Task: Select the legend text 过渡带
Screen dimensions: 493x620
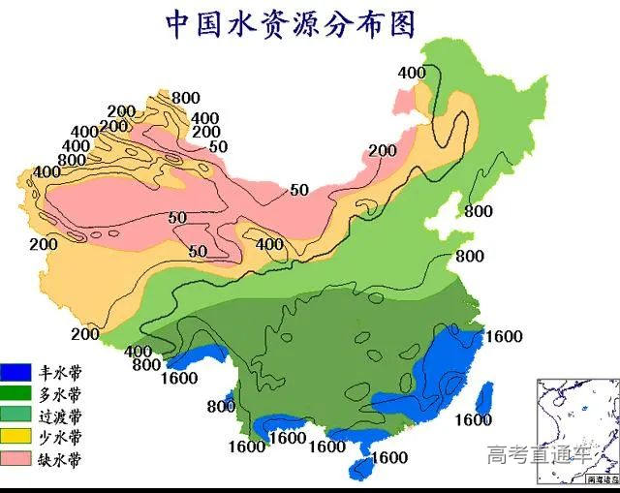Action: [60, 416]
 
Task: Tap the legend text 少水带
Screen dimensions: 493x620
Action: [60, 437]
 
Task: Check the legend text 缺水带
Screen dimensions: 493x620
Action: [60, 458]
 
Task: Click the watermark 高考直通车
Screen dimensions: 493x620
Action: [539, 452]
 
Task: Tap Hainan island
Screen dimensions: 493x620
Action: [362, 469]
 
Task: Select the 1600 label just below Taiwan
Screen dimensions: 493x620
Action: [474, 420]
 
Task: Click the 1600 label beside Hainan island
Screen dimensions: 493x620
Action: [389, 457]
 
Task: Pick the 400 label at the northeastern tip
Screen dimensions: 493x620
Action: [412, 73]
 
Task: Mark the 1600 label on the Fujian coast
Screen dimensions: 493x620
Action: [504, 337]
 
